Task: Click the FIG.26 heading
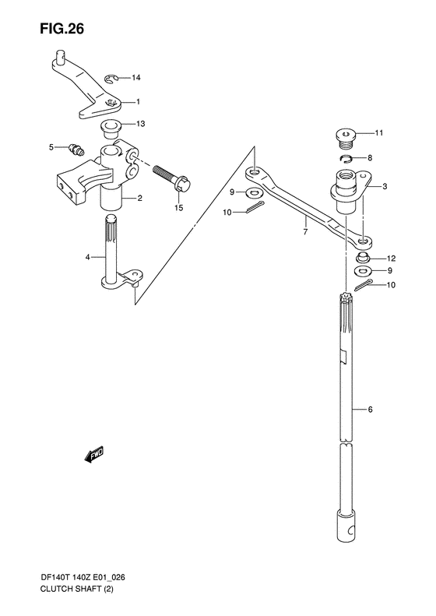point(62,29)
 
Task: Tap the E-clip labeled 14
point(111,79)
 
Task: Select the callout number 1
point(138,102)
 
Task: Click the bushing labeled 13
point(111,129)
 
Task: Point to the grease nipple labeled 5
point(75,150)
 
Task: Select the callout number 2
point(139,198)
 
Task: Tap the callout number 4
point(88,257)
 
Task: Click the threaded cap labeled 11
point(345,139)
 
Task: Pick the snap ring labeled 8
point(346,159)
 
